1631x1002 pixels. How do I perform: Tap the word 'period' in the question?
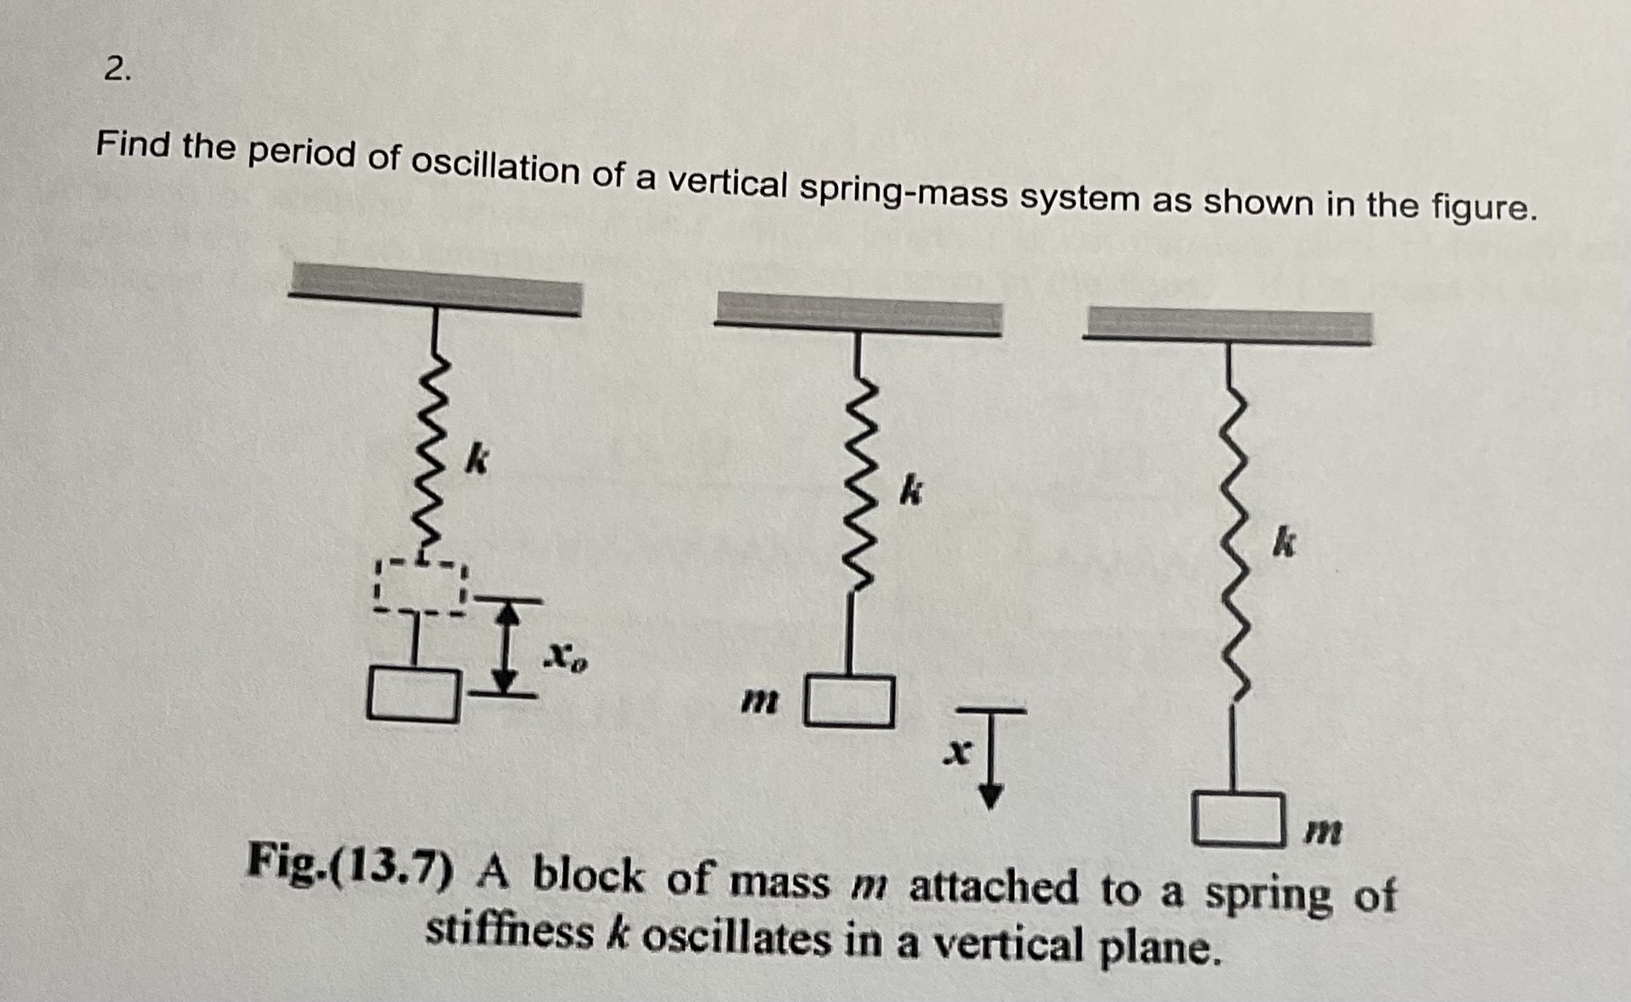pyautogui.click(x=301, y=154)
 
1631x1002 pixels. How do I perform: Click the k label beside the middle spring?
pyautogui.click(x=910, y=491)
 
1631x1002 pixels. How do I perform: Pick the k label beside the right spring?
pyautogui.click(x=1284, y=542)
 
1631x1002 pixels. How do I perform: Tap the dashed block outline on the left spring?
pyautogui.click(x=420, y=586)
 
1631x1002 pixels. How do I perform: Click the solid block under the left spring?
pyautogui.click(x=413, y=695)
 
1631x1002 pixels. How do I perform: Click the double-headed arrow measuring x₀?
pyautogui.click(x=507, y=646)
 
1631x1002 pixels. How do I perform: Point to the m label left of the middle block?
pyautogui.click(x=758, y=702)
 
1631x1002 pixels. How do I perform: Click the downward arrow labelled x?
pyautogui.click(x=991, y=757)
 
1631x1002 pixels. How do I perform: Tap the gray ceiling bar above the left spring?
pyautogui.click(x=435, y=289)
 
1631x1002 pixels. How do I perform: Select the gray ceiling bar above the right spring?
pyautogui.click(x=1227, y=327)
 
